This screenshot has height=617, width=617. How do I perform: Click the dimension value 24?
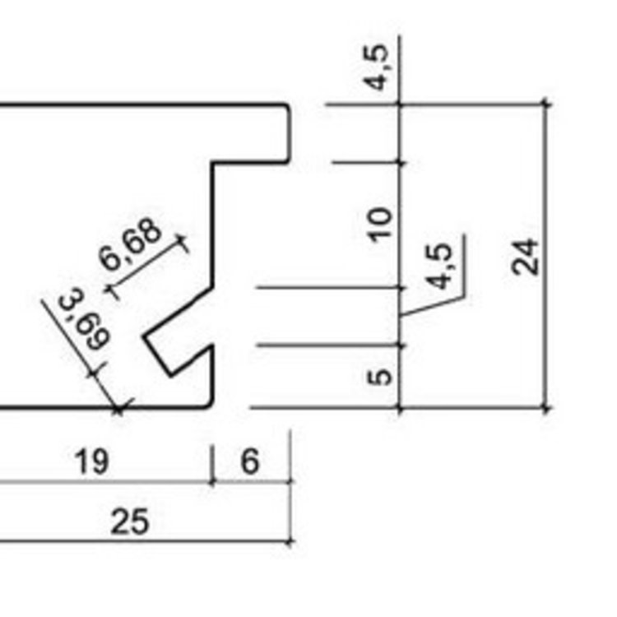click(x=527, y=256)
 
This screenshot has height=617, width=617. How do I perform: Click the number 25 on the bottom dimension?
click(x=130, y=521)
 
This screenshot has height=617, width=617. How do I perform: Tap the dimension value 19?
click(x=91, y=462)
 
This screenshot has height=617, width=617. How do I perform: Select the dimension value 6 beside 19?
click(x=250, y=462)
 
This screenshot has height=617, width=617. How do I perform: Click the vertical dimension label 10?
click(x=381, y=224)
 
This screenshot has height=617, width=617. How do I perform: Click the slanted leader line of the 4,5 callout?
click(x=431, y=303)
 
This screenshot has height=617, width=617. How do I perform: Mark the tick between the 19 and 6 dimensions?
click(x=213, y=481)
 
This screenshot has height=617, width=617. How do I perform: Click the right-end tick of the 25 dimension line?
click(x=290, y=541)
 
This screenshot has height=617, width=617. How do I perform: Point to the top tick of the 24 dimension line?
click(x=545, y=104)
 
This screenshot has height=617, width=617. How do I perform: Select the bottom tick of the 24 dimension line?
click(x=545, y=407)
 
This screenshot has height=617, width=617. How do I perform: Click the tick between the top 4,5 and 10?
click(x=401, y=163)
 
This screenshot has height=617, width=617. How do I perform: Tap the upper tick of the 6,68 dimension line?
click(x=183, y=243)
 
